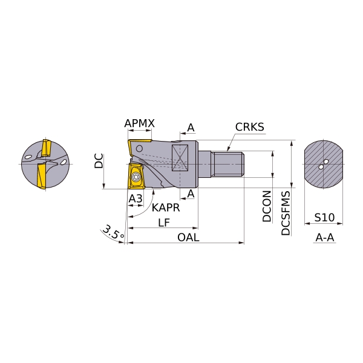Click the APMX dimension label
point(139,123)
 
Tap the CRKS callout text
point(249,127)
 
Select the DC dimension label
point(99,161)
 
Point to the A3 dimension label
point(136,198)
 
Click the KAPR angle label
point(166,208)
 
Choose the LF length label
point(164,223)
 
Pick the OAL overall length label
point(188,238)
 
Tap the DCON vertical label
point(267,206)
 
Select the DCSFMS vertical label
point(286,213)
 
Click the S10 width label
point(324,217)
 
